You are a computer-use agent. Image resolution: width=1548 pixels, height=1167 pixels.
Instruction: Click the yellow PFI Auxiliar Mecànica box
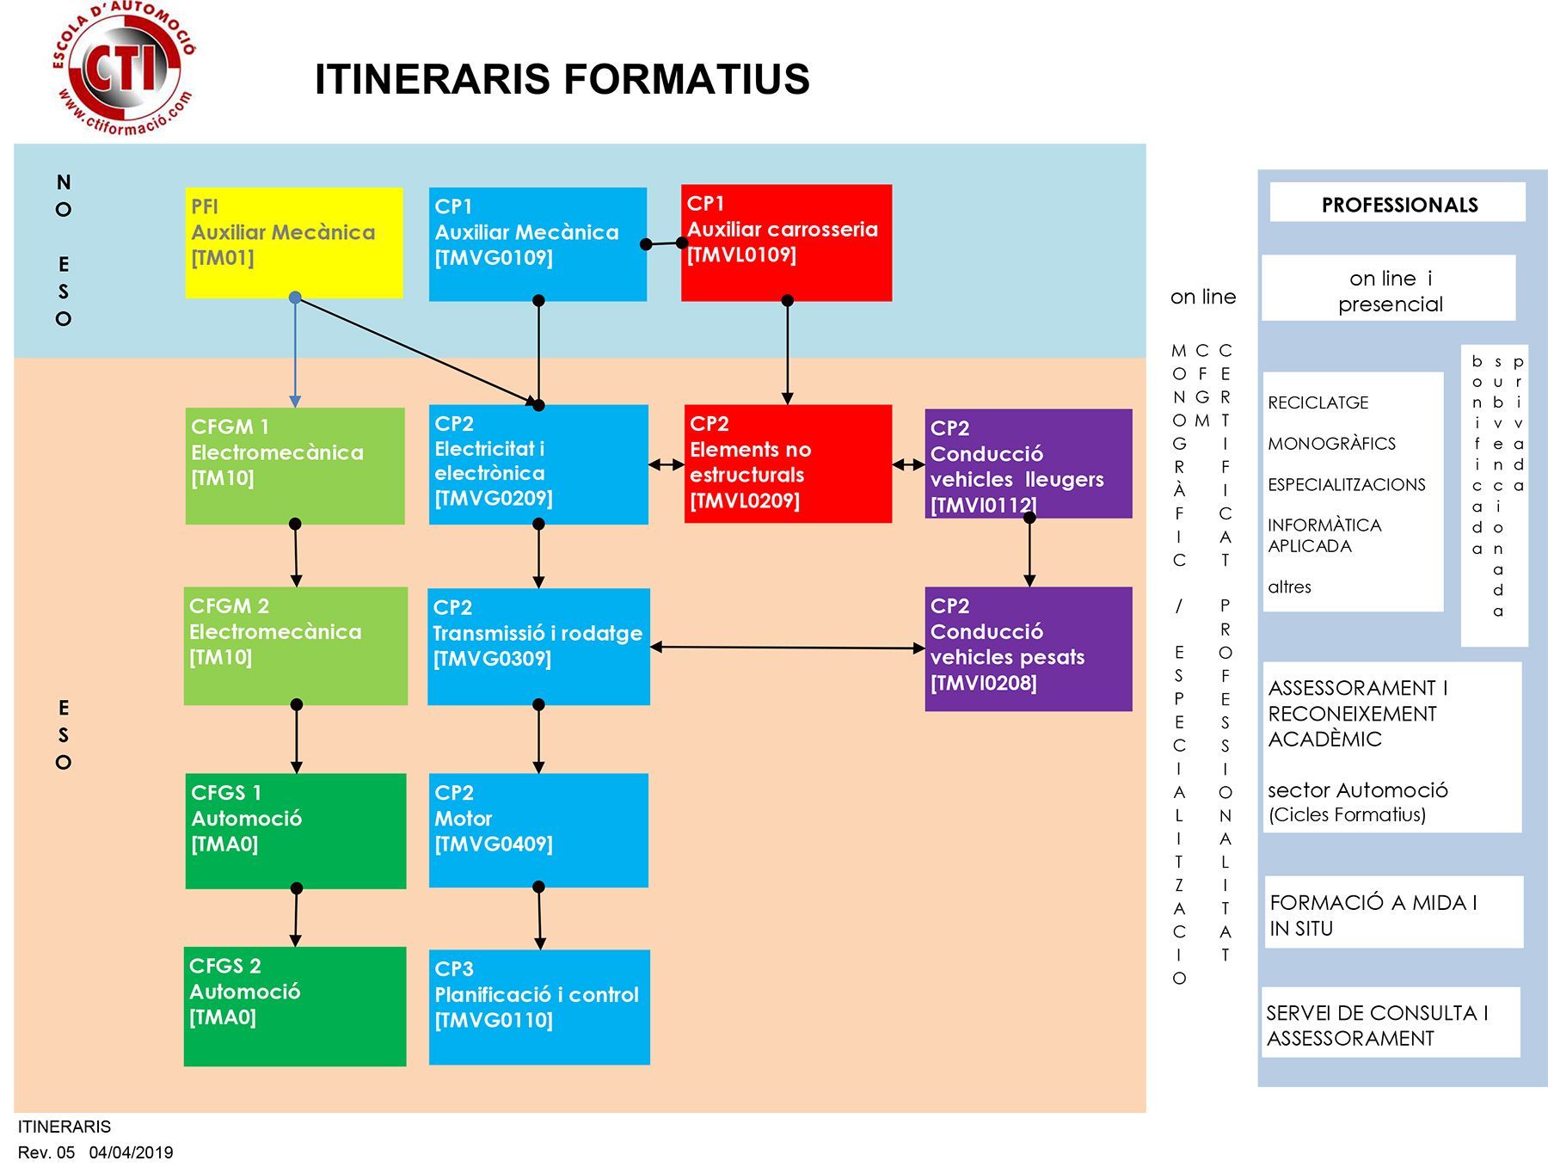[x=294, y=243]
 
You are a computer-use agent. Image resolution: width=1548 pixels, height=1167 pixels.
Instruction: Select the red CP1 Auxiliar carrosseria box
[x=786, y=243]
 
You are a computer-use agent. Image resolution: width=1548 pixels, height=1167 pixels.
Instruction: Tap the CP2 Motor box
[x=538, y=830]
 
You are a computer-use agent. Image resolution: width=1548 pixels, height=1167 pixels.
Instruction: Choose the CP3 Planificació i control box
[x=539, y=1007]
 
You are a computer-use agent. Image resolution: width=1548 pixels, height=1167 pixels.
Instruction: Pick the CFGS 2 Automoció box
[x=295, y=1006]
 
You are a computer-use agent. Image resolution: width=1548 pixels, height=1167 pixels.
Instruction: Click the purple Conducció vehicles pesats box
[x=1029, y=648]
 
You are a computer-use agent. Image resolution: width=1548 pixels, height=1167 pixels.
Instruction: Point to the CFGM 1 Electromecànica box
[x=295, y=466]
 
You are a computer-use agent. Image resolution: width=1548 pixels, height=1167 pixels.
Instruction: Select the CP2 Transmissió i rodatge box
[x=538, y=647]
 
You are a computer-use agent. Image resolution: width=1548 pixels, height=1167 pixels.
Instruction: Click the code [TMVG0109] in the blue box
[x=494, y=258]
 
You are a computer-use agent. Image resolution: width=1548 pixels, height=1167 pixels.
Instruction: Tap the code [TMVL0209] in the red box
[x=745, y=501]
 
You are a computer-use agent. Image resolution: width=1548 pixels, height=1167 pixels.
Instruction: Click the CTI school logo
[x=124, y=69]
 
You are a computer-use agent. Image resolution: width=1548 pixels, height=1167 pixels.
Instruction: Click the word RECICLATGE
[x=1318, y=402]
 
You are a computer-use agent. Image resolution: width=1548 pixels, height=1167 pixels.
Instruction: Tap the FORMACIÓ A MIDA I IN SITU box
[x=1393, y=912]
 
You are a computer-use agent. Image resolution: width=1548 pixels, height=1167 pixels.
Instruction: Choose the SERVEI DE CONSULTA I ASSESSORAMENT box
[x=1391, y=1023]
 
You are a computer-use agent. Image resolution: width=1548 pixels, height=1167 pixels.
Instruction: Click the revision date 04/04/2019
[x=131, y=1152]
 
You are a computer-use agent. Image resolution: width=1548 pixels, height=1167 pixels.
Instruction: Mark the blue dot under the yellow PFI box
[x=295, y=298]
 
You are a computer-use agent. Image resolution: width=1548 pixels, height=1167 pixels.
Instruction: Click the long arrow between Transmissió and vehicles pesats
[x=788, y=648]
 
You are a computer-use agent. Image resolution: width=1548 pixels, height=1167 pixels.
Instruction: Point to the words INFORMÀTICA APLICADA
[x=1324, y=536]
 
